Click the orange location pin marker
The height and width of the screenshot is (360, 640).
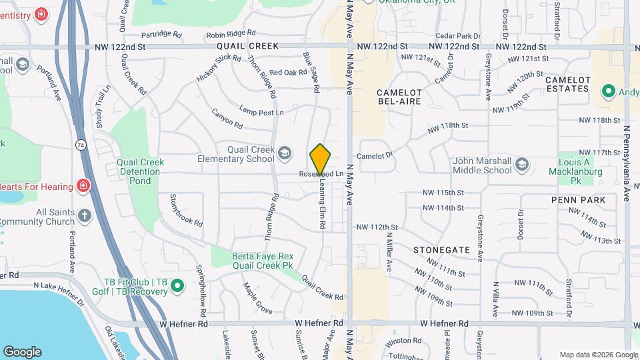tap(320, 159)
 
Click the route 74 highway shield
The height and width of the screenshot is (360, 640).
tap(81, 144)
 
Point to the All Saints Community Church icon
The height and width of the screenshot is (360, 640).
tap(84, 215)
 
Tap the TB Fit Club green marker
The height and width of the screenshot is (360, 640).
tap(177, 287)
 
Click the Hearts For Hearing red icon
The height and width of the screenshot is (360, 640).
tap(84, 185)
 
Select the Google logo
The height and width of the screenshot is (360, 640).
tap(22, 351)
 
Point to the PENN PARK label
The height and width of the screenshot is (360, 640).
tap(578, 200)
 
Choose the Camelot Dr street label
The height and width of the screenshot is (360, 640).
tap(375, 155)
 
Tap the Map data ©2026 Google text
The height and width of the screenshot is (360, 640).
tap(598, 355)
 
